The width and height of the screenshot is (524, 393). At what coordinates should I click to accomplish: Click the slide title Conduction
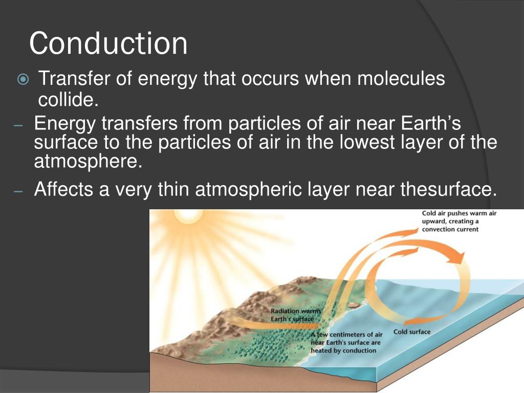(108, 44)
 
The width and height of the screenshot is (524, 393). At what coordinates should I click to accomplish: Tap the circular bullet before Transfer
(23, 80)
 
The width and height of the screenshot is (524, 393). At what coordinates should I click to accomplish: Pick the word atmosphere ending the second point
(86, 161)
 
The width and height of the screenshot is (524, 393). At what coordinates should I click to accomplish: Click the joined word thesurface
(448, 190)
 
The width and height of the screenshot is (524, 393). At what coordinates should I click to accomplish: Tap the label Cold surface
(411, 332)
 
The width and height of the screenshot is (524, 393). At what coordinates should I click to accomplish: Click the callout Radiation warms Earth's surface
(295, 315)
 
